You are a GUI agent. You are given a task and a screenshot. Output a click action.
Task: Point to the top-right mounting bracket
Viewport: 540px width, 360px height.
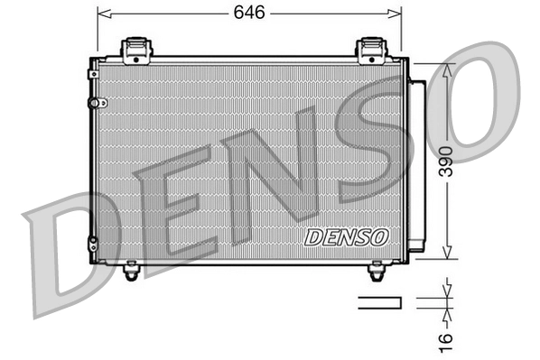(x=372, y=50)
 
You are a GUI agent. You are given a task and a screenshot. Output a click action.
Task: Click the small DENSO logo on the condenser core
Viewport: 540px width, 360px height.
(x=347, y=237)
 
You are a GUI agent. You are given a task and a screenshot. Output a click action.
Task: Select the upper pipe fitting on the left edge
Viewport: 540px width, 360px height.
(x=92, y=102)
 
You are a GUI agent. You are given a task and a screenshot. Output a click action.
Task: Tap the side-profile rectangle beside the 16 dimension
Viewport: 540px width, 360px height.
(x=380, y=302)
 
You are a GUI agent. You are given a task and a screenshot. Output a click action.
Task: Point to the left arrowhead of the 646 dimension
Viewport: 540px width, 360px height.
(x=102, y=14)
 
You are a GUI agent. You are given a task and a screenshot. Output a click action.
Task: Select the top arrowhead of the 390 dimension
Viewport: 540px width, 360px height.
(x=446, y=69)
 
